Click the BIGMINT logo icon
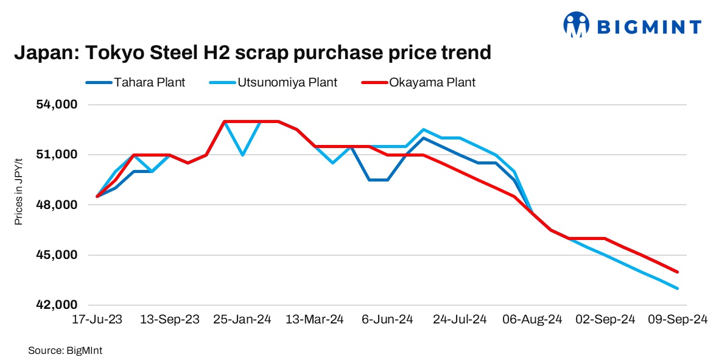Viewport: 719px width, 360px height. [576, 26]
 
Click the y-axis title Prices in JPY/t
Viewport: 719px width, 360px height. [19, 191]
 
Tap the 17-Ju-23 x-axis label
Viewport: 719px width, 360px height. [97, 320]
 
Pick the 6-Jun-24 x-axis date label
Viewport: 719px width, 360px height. [388, 320]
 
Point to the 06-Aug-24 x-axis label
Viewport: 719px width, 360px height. [531, 320]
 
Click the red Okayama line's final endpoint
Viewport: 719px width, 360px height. [678, 272]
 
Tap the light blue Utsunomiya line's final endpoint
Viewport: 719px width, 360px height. [678, 288]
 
